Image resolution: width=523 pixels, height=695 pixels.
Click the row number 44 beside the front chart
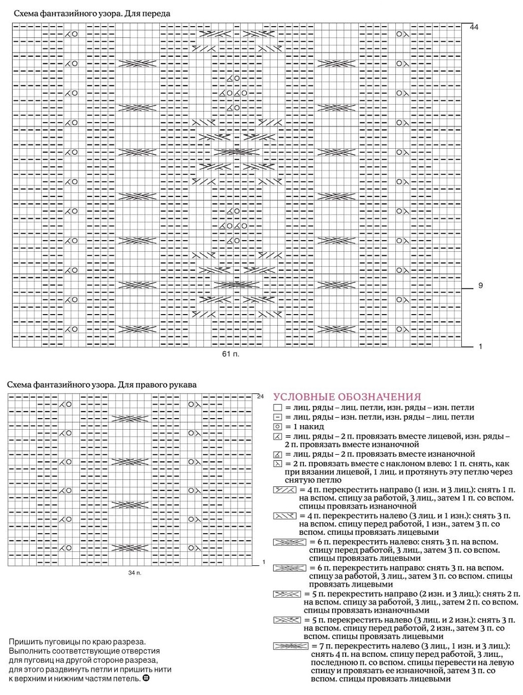pos(474,27)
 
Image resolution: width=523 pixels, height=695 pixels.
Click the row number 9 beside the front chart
pos(480,285)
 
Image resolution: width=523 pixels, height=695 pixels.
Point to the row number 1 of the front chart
pos(480,346)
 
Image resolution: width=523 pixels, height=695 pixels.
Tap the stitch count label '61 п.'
pos(231,354)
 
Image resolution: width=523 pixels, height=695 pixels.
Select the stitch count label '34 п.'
pos(135,572)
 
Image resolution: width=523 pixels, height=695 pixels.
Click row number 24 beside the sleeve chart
pos(260,396)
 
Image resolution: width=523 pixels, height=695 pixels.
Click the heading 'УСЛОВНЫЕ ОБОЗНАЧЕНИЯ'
pos(347,397)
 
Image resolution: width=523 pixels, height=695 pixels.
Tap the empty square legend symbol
pos(278,408)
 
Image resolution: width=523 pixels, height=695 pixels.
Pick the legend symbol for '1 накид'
pos(278,427)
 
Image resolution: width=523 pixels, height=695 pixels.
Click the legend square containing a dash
pos(278,417)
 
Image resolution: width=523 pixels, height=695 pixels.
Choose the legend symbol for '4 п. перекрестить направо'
pos(285,489)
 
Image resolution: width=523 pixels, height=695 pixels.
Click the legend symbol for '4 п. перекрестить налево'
pos(285,516)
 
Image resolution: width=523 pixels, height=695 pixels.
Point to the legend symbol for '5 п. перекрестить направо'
pos(287,594)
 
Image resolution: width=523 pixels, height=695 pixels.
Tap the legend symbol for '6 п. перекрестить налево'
pos(289,542)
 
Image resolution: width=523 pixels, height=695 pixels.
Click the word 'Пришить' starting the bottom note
pos(24,642)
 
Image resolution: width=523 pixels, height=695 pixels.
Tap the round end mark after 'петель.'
pos(146,678)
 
